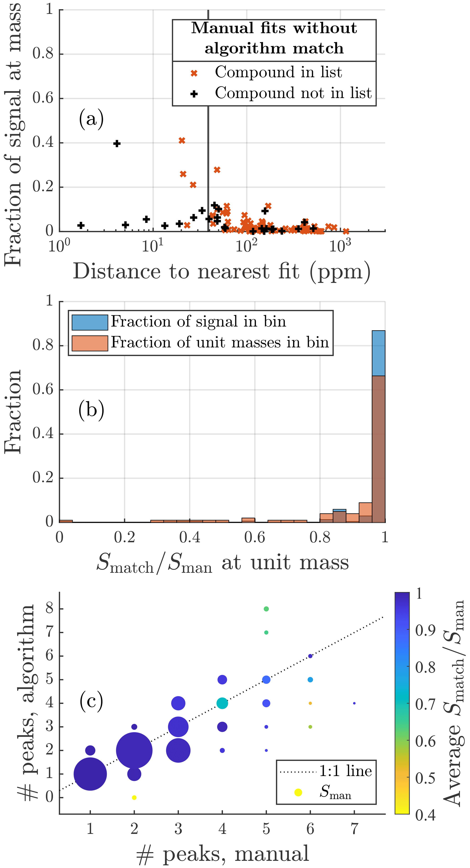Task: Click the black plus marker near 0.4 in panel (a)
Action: (117, 144)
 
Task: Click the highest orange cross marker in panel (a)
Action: (182, 140)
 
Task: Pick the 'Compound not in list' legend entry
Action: (293, 93)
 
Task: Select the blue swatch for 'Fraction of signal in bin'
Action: (90, 322)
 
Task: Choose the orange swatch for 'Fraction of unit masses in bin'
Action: (90, 343)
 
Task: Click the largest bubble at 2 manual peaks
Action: (134, 750)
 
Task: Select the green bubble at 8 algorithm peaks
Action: (266, 609)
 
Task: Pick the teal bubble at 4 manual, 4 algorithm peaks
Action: (222, 703)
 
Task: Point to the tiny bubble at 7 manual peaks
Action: (354, 703)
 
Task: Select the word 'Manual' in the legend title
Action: (222, 28)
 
